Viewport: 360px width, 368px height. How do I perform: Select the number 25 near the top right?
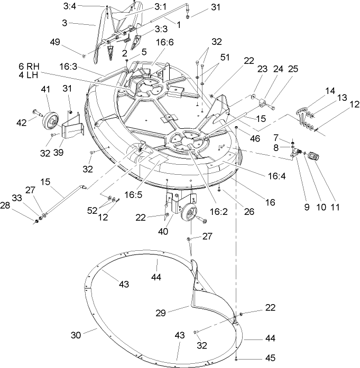point(293,69)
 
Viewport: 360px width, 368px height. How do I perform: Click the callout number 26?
point(249,212)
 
